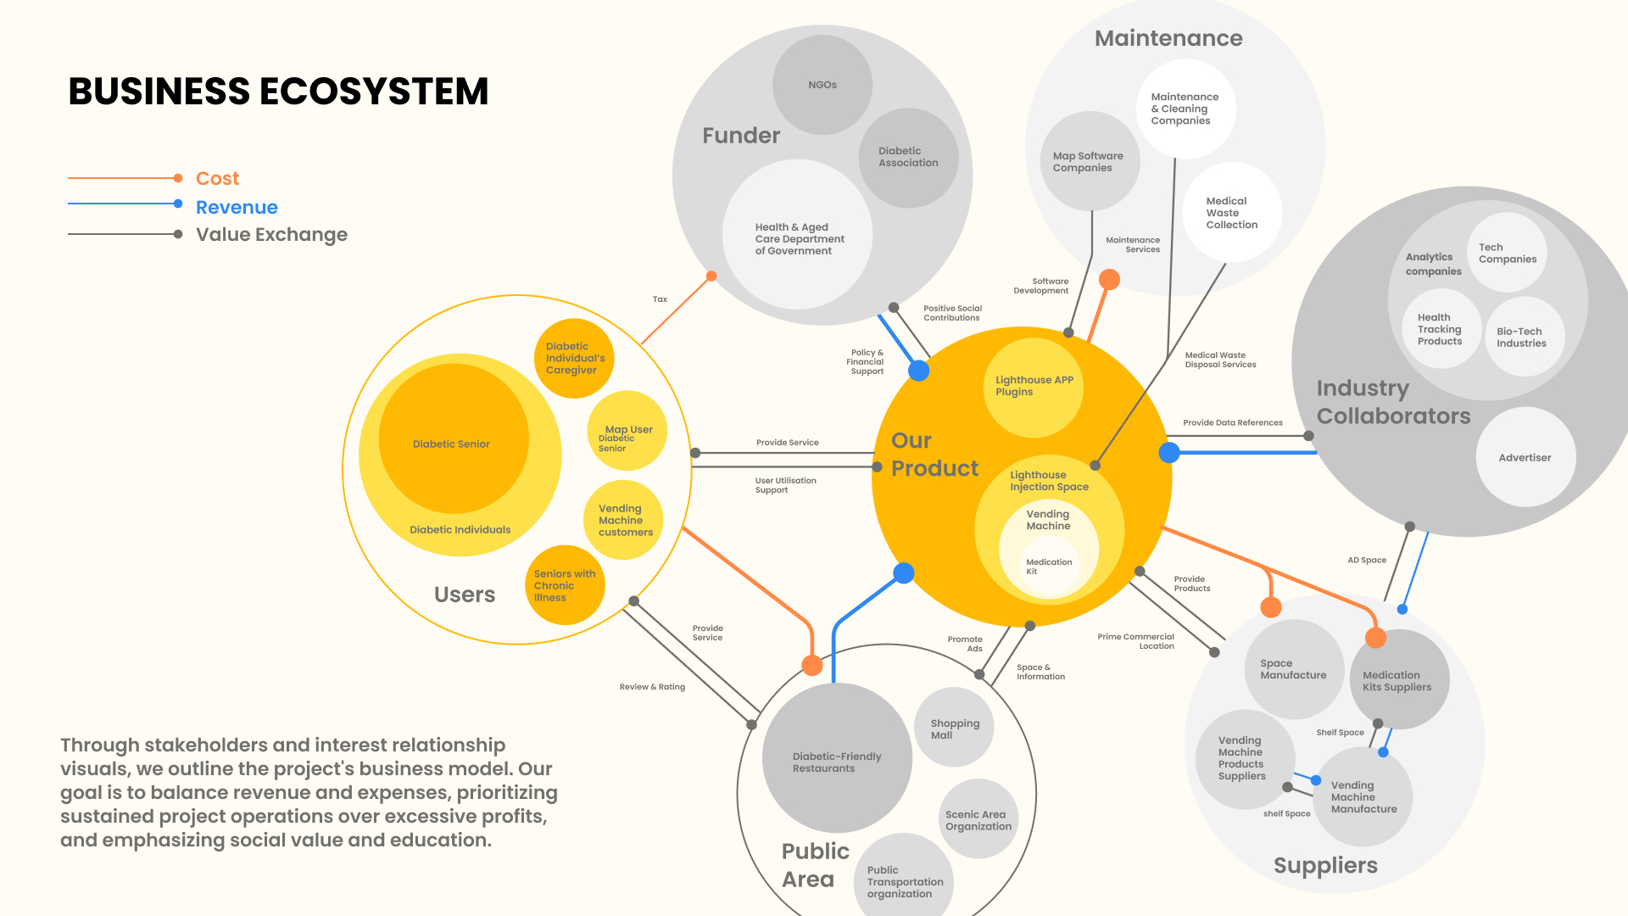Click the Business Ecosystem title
[278, 92]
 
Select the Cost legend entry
[217, 179]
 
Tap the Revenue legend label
[237, 208]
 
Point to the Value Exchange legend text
[271, 235]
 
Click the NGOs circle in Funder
[822, 85]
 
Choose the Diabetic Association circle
[908, 158]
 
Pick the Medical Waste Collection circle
[1231, 213]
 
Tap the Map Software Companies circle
[1089, 162]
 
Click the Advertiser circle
[1525, 458]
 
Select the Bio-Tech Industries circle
[1523, 338]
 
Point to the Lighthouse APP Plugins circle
[1034, 387]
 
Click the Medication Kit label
[1049, 567]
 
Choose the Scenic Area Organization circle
[978, 820]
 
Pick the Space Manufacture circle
[1293, 669]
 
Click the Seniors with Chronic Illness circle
[565, 585]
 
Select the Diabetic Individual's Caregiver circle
[575, 358]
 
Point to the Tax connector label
[660, 299]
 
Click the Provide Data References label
[1233, 422]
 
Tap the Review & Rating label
[652, 687]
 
